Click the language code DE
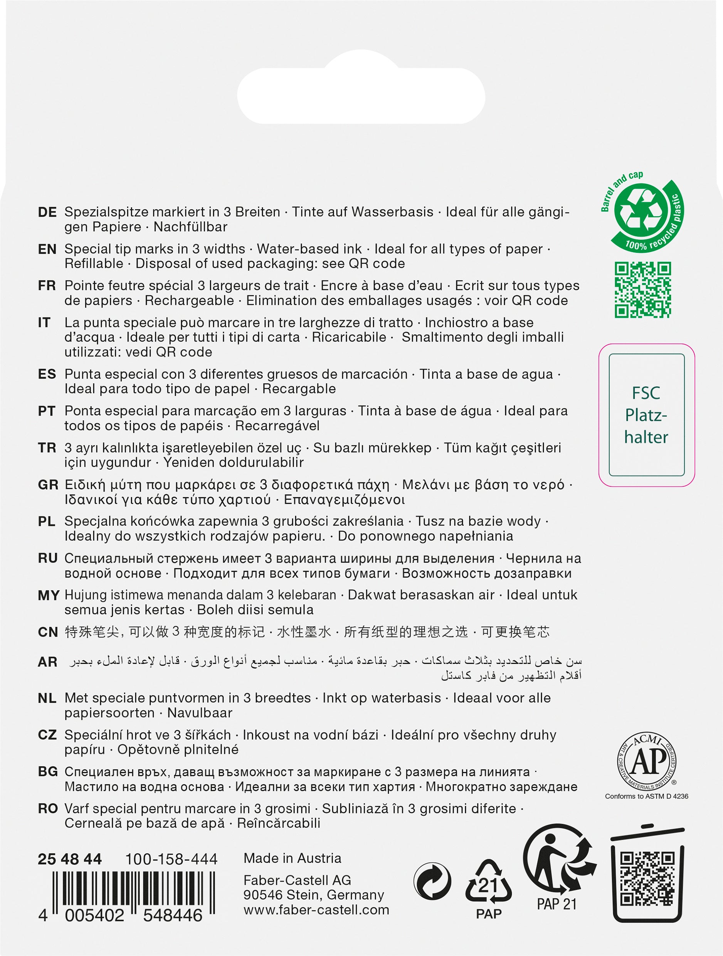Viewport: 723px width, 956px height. (x=47, y=212)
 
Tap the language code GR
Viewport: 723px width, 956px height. (x=48, y=485)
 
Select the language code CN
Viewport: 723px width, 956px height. (x=48, y=632)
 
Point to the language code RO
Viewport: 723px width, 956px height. (x=48, y=809)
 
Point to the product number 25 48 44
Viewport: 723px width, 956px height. (x=70, y=859)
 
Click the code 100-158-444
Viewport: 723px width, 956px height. (x=171, y=859)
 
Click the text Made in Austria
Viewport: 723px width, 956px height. (x=292, y=858)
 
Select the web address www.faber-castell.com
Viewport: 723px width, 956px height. (x=316, y=910)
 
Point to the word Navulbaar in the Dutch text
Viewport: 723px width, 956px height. (x=200, y=713)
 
